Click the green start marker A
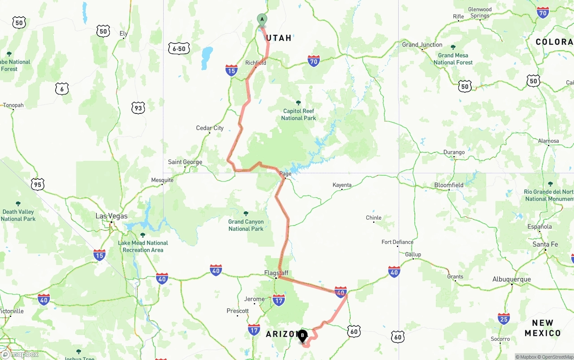(262, 20)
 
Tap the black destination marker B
(302, 335)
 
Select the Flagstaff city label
(276, 273)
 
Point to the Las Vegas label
(111, 216)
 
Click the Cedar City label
(210, 128)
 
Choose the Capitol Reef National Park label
(299, 114)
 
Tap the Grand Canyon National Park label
(246, 225)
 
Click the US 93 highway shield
(138, 108)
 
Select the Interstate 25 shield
(504, 319)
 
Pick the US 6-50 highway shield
(179, 48)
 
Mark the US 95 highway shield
(38, 184)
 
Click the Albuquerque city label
(511, 279)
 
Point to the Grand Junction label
(422, 45)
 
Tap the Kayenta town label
(342, 185)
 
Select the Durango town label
(454, 152)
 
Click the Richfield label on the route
(256, 63)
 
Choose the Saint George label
(185, 162)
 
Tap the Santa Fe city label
(545, 244)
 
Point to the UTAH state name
(279, 38)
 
